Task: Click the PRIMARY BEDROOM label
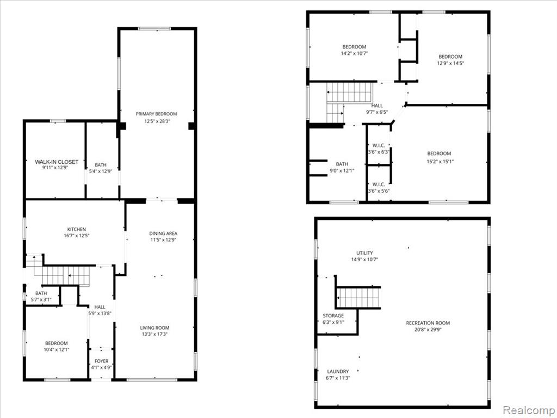coord(156,114)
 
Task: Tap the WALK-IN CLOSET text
coord(57,162)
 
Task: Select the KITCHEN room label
coord(77,229)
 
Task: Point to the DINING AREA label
coord(163,233)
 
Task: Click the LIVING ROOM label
coord(154,328)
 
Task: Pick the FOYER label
coord(102,361)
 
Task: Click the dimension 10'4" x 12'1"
coord(57,349)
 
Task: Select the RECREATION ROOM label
coord(428,323)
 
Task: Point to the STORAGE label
coord(333,316)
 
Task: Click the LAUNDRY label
coord(338,371)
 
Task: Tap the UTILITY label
coord(365,253)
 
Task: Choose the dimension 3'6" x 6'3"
coord(379,152)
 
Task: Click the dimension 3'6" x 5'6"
coord(379,191)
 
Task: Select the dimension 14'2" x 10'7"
coord(354,53)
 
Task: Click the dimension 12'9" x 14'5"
coord(450,63)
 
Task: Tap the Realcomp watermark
coord(529,410)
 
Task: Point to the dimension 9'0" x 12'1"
coord(342,170)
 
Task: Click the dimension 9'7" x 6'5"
coord(377,112)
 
